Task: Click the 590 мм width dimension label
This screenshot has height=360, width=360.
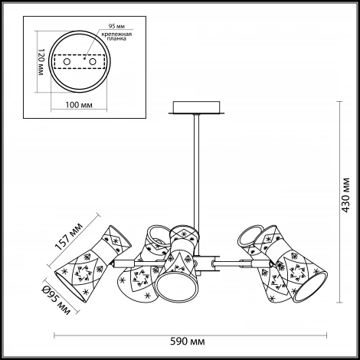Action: click(x=188, y=342)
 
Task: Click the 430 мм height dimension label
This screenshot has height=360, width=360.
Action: click(x=345, y=195)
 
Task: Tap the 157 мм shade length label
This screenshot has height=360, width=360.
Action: click(x=69, y=236)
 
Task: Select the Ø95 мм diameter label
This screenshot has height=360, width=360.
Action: click(x=56, y=299)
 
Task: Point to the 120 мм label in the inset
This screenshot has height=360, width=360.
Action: click(x=41, y=62)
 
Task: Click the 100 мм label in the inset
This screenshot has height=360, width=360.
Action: click(x=79, y=105)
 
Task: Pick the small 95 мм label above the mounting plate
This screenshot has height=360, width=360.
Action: click(x=115, y=26)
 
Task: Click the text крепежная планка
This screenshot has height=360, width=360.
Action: click(x=116, y=36)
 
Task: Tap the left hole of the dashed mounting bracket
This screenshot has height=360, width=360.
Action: click(x=67, y=62)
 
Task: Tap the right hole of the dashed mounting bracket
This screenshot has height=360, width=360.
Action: click(x=93, y=62)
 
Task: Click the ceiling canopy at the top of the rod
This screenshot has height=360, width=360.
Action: click(x=196, y=107)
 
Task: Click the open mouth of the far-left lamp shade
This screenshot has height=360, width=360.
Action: click(x=70, y=286)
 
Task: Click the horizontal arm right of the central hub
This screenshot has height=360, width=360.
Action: click(x=239, y=263)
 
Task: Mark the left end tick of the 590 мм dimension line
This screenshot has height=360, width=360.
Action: click(x=54, y=335)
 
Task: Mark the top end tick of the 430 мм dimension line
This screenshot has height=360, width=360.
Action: click(x=339, y=102)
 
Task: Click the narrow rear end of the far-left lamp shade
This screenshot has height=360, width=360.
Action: click(x=121, y=236)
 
